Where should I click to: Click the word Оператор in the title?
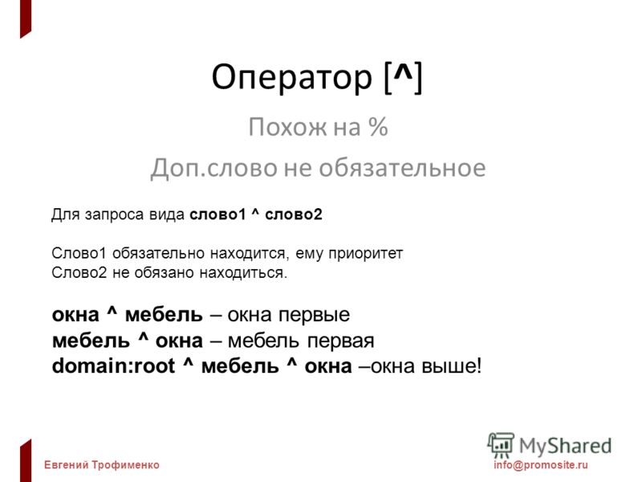[x=292, y=77]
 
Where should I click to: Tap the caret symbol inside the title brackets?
[x=403, y=74]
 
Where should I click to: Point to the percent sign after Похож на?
[x=377, y=127]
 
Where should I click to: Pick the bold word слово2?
[x=294, y=214]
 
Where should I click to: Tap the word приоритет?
[x=366, y=254]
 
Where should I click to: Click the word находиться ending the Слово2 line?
[x=244, y=273]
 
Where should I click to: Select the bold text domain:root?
[x=113, y=366]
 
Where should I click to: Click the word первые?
[x=314, y=315]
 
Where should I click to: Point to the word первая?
[x=340, y=341]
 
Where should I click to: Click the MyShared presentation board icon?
[x=501, y=446]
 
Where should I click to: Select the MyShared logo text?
[x=565, y=446]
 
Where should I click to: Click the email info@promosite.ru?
[x=540, y=465]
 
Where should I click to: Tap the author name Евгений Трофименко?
[x=102, y=465]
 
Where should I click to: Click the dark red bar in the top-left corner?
[x=26, y=18]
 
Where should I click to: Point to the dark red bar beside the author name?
[x=26, y=460]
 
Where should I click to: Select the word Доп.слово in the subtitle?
[x=213, y=169]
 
